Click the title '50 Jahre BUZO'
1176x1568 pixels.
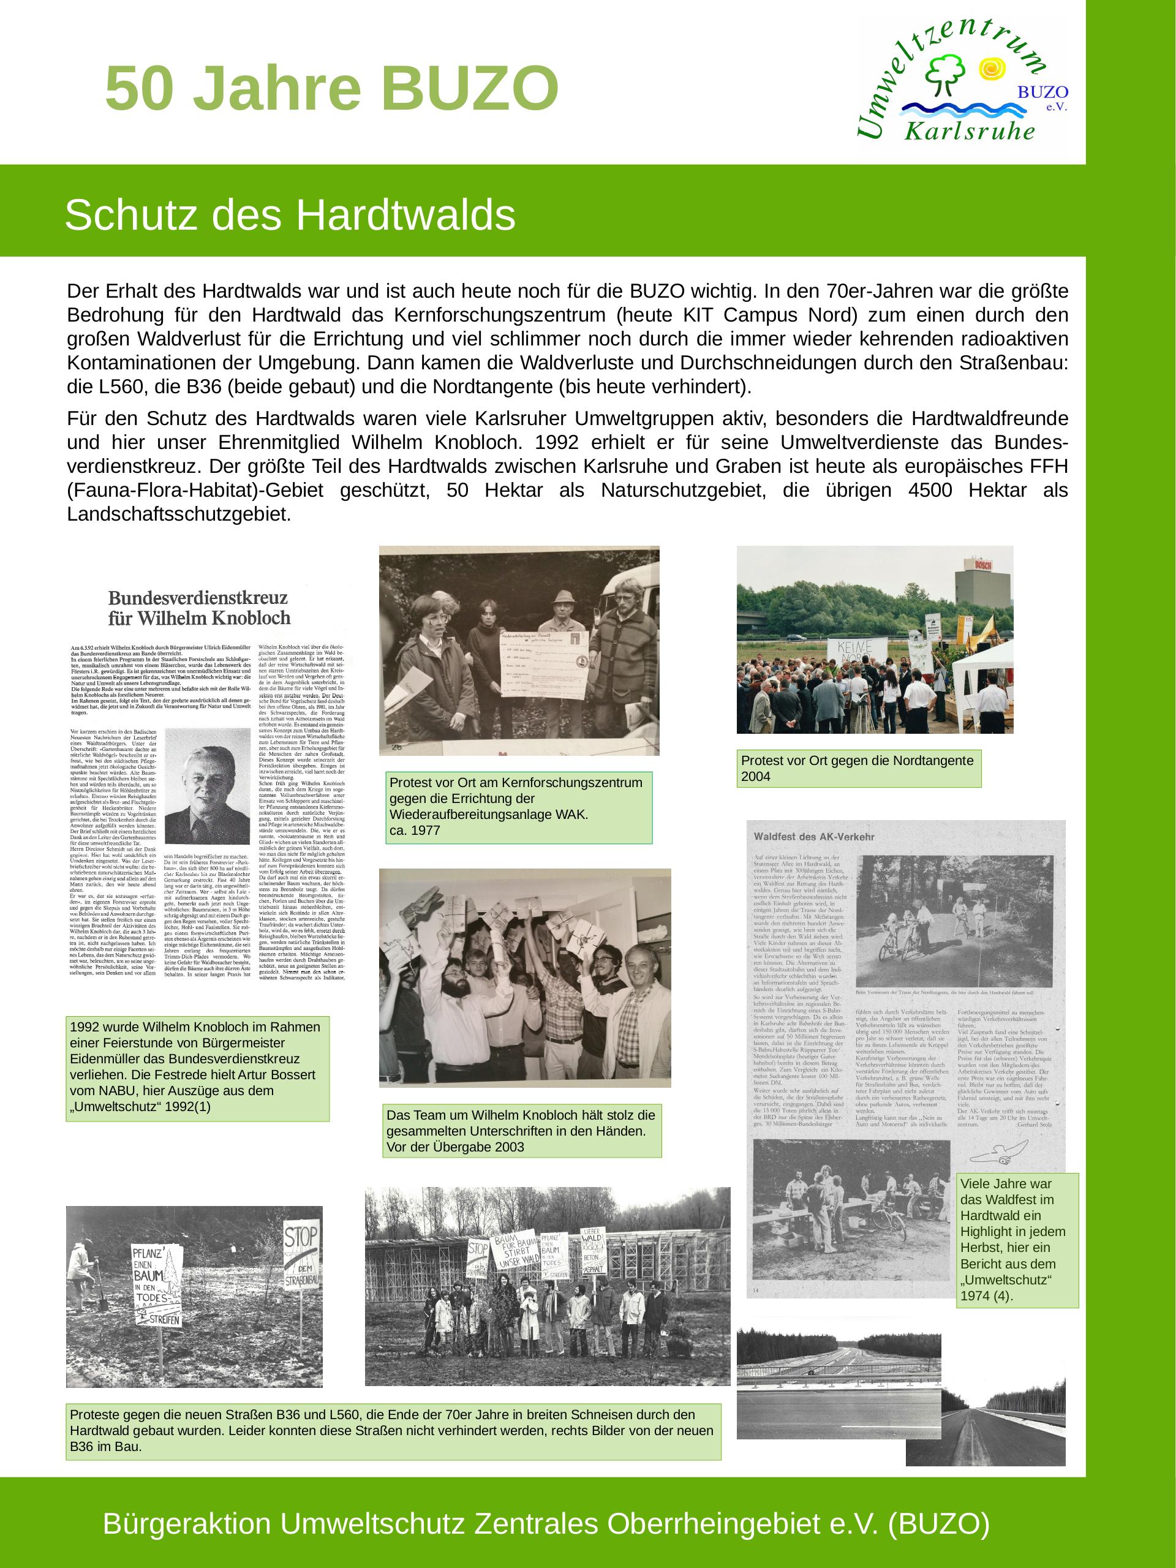tap(332, 89)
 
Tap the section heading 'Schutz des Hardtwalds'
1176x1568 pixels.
tap(289, 216)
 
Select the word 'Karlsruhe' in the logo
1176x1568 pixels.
tap(969, 132)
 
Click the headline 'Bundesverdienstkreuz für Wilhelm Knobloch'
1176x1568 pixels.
tap(198, 607)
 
